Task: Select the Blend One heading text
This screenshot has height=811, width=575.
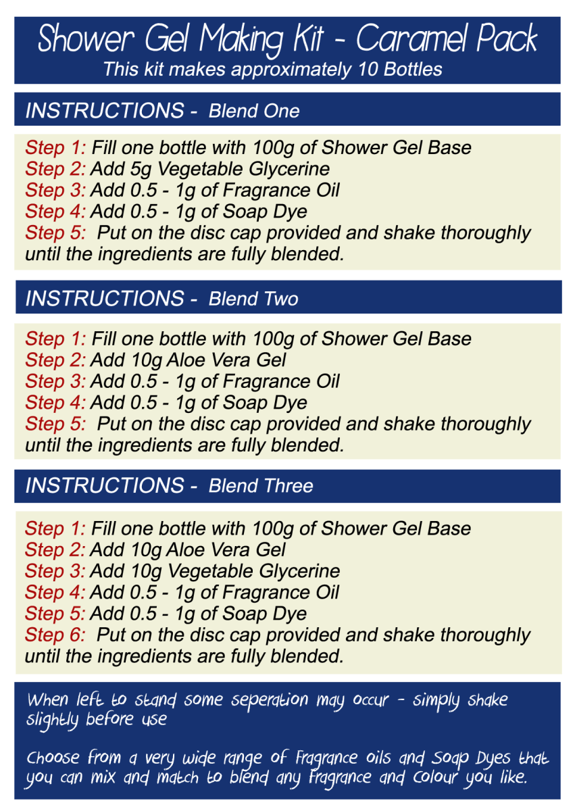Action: click(253, 111)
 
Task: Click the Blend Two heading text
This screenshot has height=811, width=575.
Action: click(253, 299)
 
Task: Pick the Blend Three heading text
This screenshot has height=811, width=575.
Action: click(261, 485)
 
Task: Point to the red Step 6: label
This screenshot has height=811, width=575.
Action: click(55, 635)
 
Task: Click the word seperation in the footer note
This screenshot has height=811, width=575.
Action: click(270, 700)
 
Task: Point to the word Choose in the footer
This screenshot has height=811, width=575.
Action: click(53, 758)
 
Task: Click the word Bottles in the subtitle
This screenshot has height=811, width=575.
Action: click(413, 69)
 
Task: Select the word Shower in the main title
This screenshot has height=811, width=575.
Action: click(86, 39)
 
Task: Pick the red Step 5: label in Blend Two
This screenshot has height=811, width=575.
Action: click(55, 424)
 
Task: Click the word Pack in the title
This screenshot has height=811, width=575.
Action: click(506, 39)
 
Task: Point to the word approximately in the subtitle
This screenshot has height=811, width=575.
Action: click(291, 70)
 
